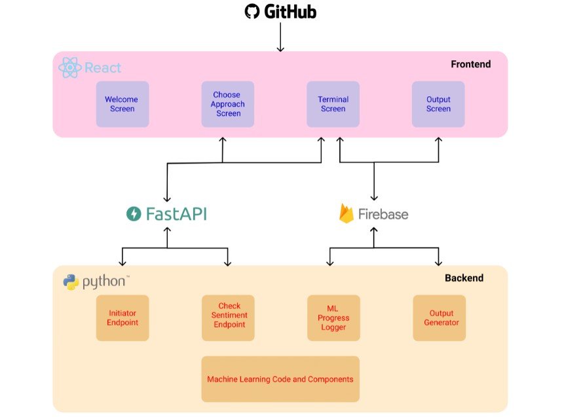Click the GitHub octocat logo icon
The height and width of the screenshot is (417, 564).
pos(252,11)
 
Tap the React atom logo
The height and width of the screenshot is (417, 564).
pos(69,67)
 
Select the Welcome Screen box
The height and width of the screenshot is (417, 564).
pos(122,104)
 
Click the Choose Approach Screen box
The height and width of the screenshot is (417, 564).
pos(228,104)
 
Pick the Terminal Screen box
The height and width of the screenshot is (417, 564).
pos(333,104)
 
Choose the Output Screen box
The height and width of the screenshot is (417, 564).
pos(438,104)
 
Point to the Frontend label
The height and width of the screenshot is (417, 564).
pos(470,64)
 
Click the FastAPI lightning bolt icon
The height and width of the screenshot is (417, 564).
pos(134,214)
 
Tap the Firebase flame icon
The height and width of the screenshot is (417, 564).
pos(347,214)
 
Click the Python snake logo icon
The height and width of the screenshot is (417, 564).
pos(71,282)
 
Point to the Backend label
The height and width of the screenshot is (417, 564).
pos(464,278)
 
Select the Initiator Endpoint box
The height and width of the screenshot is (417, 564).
pos(122,318)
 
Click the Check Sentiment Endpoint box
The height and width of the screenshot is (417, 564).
pos(228,318)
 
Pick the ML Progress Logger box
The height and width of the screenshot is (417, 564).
pos(333,318)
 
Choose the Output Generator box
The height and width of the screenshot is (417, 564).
pos(439,318)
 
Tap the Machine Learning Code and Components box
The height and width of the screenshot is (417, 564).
pos(280,379)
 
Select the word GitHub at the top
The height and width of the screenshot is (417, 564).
pos(290,12)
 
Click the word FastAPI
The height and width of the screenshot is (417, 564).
pos(176,214)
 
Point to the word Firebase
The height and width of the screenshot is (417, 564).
pos(383,214)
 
